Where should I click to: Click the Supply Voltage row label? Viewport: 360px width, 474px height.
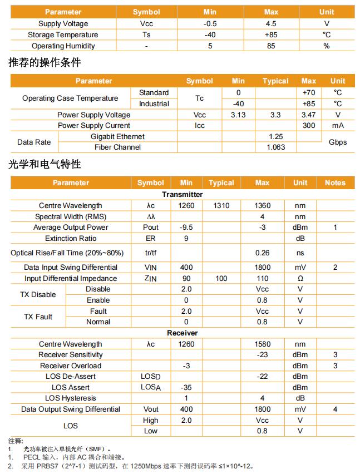63,23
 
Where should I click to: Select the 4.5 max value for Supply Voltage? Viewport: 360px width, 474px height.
271,23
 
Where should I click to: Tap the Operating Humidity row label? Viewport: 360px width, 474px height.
63,46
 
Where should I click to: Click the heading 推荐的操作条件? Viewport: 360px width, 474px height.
45,62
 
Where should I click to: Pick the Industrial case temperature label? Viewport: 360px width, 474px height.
154,103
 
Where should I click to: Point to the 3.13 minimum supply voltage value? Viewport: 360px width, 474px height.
238,115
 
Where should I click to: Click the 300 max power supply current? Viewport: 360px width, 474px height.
309,125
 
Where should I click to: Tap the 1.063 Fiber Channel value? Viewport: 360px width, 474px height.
275,147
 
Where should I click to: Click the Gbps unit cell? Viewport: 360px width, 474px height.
338,142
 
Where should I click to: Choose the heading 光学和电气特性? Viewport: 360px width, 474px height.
45,164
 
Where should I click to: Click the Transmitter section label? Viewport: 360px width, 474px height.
183,194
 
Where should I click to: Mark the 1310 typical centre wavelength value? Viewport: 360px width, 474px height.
221,205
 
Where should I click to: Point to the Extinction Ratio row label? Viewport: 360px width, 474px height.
71,238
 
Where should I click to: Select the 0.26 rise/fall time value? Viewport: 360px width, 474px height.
262,253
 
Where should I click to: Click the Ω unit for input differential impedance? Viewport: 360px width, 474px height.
300,278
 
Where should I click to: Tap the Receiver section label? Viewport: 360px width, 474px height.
183,333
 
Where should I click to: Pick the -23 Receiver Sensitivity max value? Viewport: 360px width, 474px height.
262,354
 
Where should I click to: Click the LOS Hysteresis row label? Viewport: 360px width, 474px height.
71,398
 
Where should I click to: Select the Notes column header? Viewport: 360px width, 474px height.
335,182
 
